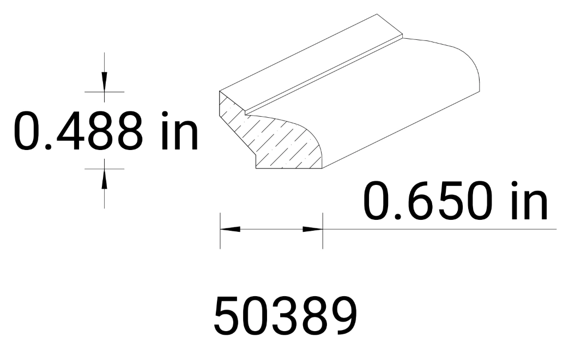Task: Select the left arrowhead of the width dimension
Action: (x=229, y=229)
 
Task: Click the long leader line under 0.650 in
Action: (x=436, y=229)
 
